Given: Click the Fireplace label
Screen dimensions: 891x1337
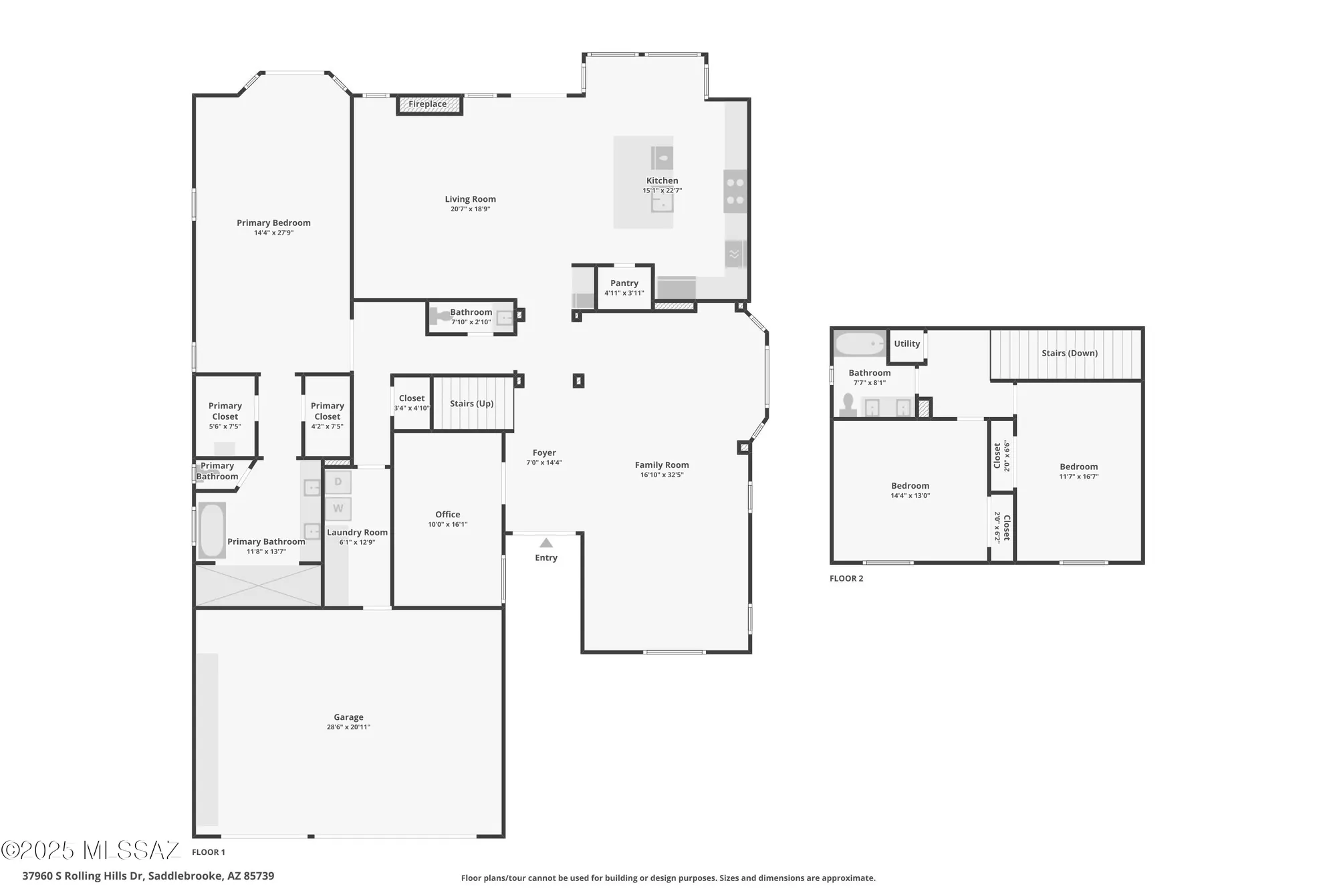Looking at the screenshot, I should [x=428, y=104].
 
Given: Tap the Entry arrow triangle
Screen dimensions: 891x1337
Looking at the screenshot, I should [x=546, y=543].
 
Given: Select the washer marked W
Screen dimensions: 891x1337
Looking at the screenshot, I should [x=338, y=509].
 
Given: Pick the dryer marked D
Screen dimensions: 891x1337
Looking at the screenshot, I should [x=338, y=482].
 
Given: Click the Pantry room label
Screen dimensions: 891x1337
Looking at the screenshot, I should [x=624, y=283].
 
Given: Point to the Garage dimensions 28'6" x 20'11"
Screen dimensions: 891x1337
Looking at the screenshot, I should [x=348, y=727].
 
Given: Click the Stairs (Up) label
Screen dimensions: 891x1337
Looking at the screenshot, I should [x=472, y=404].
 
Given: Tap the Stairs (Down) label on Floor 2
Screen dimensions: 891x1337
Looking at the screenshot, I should [x=1070, y=354].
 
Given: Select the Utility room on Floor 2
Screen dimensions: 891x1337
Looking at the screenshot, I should [x=907, y=344].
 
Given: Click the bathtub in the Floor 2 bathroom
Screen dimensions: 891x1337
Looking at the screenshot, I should [x=860, y=344].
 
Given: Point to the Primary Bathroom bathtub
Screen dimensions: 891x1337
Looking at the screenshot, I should [x=212, y=530].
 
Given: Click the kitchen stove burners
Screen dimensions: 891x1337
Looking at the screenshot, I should [x=735, y=191].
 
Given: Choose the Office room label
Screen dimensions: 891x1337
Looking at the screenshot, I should [x=448, y=515].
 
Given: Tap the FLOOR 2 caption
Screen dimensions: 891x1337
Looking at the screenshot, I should [x=846, y=579].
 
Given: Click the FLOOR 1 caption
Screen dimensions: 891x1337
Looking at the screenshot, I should [x=209, y=852].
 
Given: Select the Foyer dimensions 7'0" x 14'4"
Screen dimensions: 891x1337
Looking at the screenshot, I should [x=544, y=463].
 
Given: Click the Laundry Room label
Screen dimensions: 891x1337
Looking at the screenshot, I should [x=357, y=533].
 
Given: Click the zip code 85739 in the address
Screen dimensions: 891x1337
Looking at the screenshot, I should [x=259, y=876].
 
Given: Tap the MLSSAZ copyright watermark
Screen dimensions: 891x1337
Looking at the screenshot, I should [x=91, y=850].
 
